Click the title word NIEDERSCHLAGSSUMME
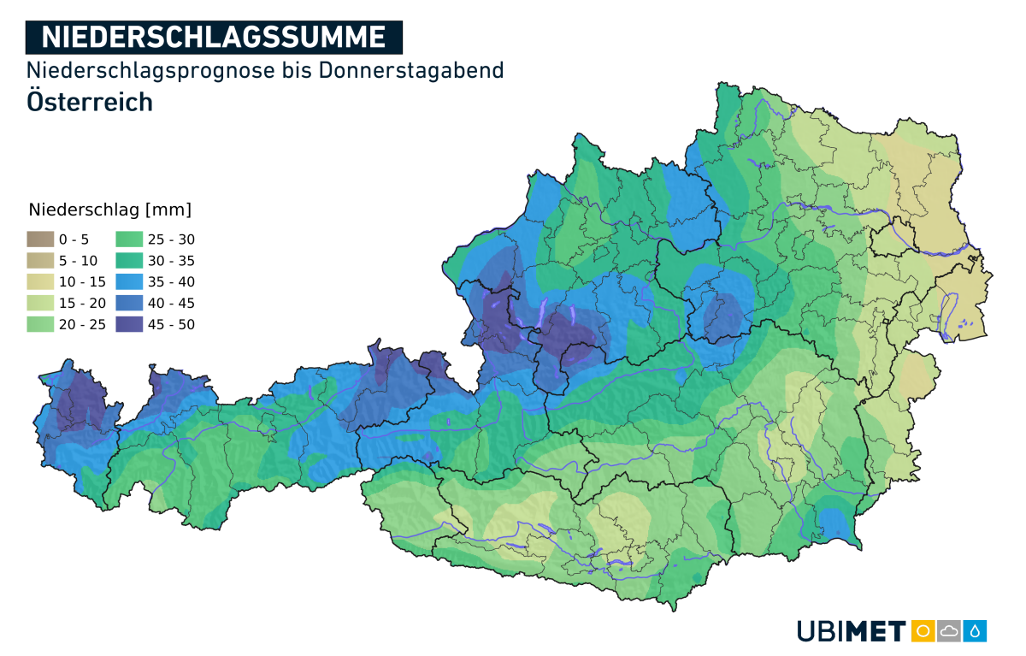213,37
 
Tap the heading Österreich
90,101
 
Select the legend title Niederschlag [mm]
109,210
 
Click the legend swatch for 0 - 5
40,239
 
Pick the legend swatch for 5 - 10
40,261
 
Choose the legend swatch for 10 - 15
40,282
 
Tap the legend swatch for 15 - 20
40,304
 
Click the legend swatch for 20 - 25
40,324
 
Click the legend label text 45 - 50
171,325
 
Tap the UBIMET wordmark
852,631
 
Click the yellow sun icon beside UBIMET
923,631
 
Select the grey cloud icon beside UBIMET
949,631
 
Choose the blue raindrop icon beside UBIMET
976,631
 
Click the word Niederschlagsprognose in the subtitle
151,70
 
